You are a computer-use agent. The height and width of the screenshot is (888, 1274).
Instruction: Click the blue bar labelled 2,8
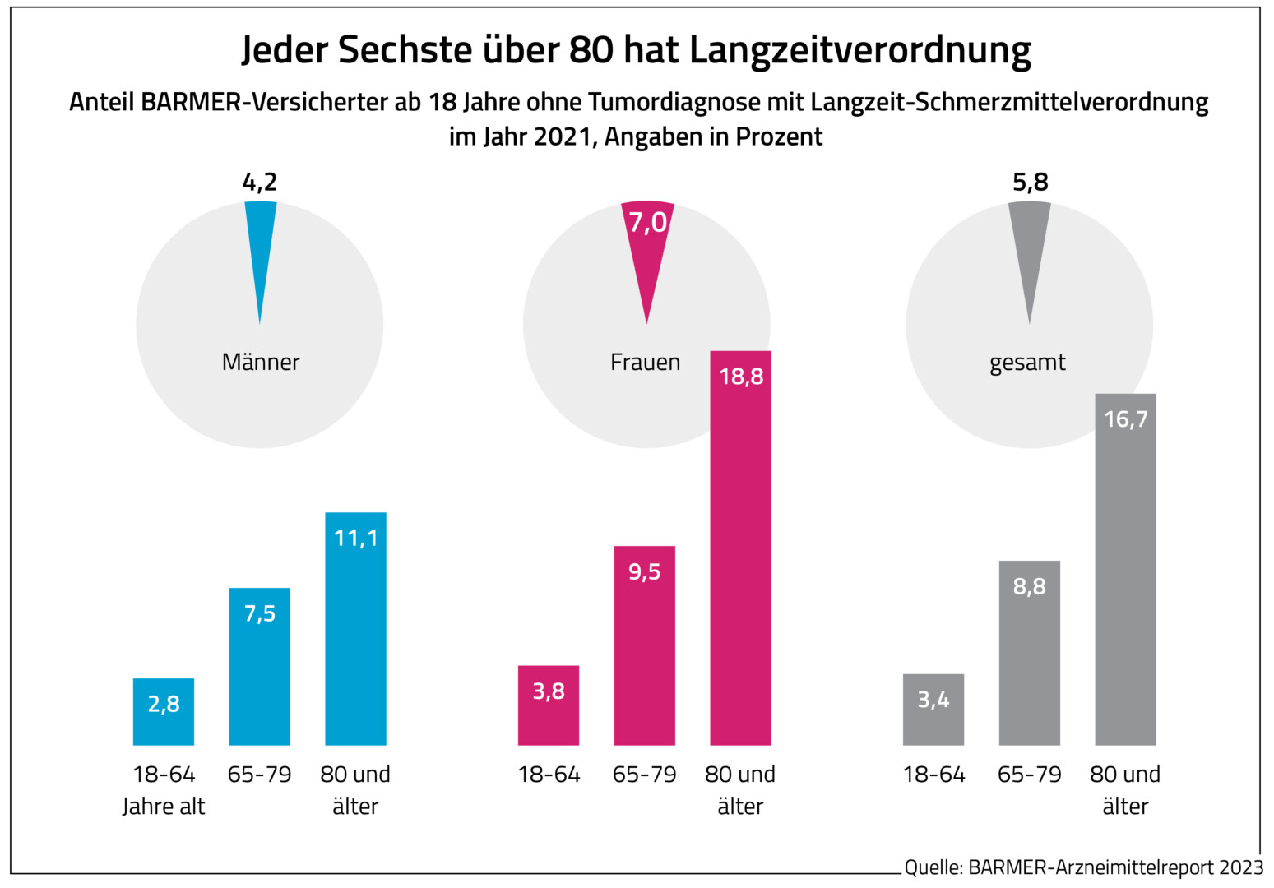point(164,712)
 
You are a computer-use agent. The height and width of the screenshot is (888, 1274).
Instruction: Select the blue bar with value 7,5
point(260,667)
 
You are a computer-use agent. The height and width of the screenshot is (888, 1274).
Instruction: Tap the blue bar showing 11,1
point(355,629)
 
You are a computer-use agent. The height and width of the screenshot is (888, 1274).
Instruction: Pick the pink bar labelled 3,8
point(549,705)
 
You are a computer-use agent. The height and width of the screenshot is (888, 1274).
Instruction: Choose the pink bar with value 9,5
point(645,645)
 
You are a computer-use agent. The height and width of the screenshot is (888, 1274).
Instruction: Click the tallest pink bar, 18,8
point(740,548)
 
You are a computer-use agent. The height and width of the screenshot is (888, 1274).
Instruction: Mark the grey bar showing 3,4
point(933,710)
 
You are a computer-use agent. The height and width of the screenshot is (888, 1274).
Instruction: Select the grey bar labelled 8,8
point(1030,653)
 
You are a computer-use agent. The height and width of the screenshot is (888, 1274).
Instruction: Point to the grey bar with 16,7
point(1125,570)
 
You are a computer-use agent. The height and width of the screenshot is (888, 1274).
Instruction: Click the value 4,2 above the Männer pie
point(260,182)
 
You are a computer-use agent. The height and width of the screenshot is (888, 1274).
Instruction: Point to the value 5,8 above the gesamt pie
point(1031,182)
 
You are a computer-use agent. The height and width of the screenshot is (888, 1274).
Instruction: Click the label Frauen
point(646,363)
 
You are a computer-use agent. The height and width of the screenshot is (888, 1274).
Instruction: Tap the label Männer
point(261,363)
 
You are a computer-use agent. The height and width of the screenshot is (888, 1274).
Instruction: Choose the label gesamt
point(1027,363)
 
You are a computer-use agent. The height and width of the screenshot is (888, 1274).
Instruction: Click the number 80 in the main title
point(591,50)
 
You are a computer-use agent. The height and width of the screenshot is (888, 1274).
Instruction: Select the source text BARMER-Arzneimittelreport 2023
point(1115,867)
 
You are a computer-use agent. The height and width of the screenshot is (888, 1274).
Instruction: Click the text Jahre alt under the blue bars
point(164,807)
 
